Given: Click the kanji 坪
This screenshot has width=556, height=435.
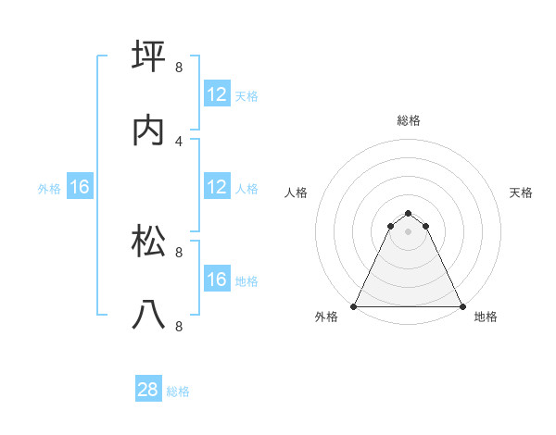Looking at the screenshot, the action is click(149, 56).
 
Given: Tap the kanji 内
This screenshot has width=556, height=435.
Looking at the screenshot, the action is click(149, 131).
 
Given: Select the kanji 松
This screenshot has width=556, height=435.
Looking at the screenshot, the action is click(149, 240).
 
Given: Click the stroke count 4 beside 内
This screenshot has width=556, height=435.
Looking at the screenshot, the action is click(179, 142).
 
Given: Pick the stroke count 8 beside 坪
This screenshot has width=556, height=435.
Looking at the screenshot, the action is click(179, 67).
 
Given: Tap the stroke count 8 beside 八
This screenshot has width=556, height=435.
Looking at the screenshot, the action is click(179, 327).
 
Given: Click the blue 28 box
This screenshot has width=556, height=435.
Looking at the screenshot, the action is click(148, 391).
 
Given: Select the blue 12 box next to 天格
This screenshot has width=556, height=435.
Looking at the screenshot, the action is click(217, 94).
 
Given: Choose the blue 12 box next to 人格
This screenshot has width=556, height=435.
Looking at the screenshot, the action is click(217, 188).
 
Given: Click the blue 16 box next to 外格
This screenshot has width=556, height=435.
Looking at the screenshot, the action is click(79, 188).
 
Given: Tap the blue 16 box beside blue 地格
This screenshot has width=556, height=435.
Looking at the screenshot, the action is click(217, 280).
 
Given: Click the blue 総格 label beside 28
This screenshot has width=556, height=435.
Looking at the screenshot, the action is click(179, 391).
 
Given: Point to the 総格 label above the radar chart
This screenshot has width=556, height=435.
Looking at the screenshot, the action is click(409, 120).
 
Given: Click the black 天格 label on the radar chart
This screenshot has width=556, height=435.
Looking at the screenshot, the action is click(522, 193).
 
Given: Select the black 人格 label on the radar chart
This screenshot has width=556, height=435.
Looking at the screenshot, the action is click(296, 193).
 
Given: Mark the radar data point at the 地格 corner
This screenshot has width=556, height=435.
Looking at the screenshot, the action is click(462, 305).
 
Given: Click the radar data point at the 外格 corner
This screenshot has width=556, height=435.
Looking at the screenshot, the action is click(354, 305).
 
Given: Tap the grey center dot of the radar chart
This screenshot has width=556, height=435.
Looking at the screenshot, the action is click(409, 230).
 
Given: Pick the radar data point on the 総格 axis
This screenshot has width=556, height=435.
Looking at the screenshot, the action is click(409, 210).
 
